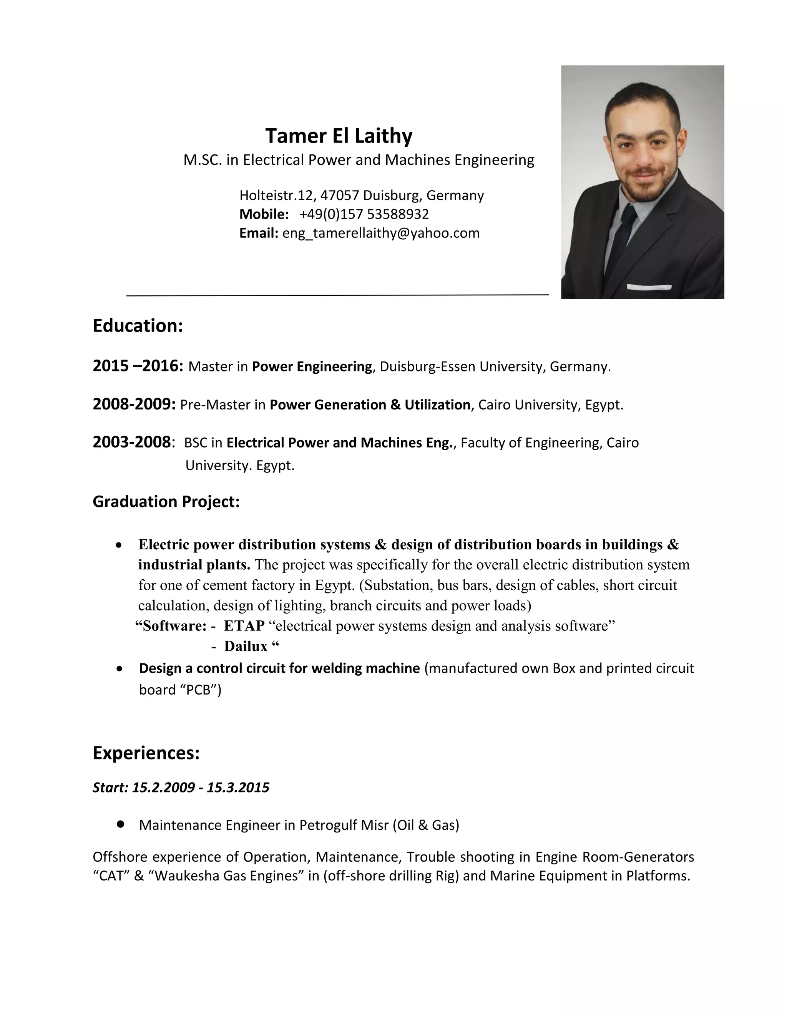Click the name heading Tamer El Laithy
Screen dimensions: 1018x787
pos(339,136)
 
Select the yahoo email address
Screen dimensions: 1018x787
pos(380,233)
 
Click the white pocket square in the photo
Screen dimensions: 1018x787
pos(649,287)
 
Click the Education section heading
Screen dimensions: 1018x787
pos(138,325)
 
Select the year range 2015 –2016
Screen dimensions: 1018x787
pos(138,366)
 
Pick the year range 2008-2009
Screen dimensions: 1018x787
pos(134,404)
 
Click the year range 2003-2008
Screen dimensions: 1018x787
pos(132,442)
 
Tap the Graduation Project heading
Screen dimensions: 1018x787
pos(166,502)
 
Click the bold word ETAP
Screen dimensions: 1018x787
pos(244,625)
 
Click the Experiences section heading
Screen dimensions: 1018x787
pos(146,753)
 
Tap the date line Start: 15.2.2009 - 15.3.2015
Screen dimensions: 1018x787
pos(181,787)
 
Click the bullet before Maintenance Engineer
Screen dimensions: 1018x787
pos(121,824)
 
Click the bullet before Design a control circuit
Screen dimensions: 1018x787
pos(120,668)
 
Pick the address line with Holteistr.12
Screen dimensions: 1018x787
pos(361,195)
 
